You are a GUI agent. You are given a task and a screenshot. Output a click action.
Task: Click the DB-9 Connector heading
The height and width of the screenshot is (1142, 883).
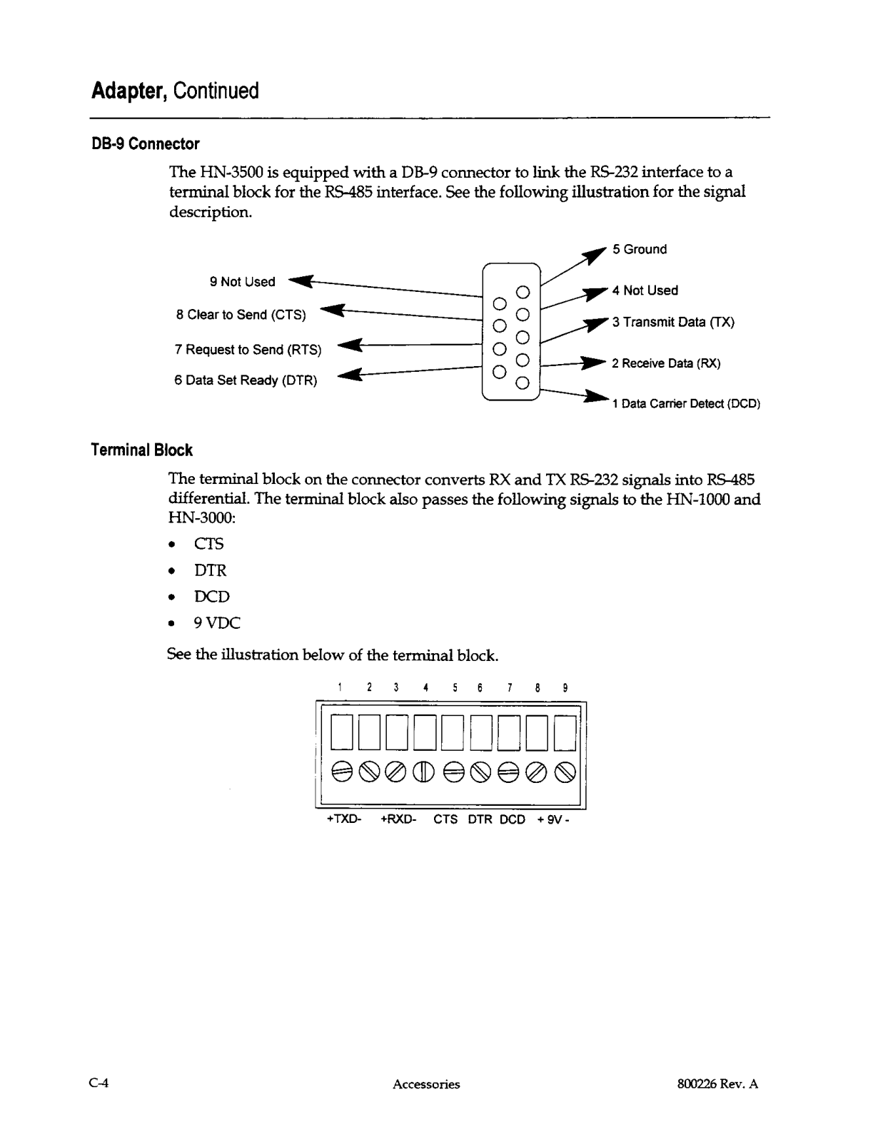[x=145, y=144]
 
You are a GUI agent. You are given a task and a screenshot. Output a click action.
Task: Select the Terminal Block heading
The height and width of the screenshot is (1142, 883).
[x=141, y=450]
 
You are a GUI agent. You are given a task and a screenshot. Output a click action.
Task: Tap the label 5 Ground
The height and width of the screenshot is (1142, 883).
[x=639, y=249]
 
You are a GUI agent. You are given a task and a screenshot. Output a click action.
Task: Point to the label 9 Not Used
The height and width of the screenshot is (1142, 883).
[x=242, y=282]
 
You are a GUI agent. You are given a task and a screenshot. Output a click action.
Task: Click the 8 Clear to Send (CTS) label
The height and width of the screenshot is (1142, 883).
[x=241, y=315]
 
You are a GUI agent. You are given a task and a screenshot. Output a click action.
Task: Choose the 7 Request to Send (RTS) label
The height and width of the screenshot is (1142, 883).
[x=248, y=350]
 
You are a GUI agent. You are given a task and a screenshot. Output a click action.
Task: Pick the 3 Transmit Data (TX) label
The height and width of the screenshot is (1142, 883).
[x=673, y=322]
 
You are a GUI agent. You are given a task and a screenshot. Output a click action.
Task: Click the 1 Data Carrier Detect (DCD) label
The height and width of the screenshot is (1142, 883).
[x=686, y=404]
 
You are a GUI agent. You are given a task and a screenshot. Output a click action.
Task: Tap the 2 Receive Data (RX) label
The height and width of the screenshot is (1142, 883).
[x=666, y=363]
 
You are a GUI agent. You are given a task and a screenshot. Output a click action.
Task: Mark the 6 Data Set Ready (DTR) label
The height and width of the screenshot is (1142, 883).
[x=246, y=380]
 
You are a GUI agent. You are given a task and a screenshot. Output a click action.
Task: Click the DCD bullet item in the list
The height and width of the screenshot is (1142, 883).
[x=211, y=597]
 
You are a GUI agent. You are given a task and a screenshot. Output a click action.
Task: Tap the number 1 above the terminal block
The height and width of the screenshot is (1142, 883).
[x=340, y=688]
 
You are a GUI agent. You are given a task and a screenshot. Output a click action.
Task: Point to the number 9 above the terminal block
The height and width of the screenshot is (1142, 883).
[x=565, y=688]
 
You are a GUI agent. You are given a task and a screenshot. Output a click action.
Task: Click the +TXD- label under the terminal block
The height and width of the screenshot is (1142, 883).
[x=343, y=819]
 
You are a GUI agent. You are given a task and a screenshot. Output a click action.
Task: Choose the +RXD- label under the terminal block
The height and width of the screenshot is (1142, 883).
[x=398, y=819]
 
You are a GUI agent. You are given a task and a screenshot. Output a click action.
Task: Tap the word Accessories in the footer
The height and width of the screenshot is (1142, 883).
[x=426, y=1084]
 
